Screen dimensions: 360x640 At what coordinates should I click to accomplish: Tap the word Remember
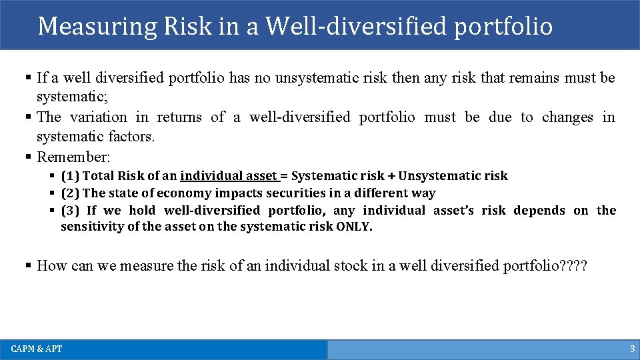click(73, 157)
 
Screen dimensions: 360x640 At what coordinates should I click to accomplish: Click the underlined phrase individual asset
click(228, 176)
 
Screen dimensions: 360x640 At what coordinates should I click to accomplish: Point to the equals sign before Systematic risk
click(284, 176)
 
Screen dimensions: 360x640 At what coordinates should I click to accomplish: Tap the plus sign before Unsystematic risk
click(391, 176)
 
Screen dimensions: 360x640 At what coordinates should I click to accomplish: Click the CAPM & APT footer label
click(37, 349)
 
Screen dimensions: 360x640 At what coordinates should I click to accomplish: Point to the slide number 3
click(632, 349)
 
